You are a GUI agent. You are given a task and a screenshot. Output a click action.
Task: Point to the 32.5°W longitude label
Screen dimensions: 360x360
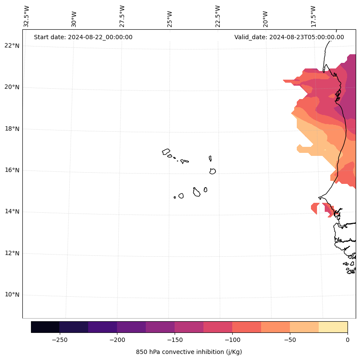point(27,16)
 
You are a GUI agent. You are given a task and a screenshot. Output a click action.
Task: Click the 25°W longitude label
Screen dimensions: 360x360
point(170,19)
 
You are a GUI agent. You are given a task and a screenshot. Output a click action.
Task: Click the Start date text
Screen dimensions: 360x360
point(83,37)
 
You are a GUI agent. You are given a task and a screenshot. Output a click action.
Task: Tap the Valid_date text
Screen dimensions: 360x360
point(289,37)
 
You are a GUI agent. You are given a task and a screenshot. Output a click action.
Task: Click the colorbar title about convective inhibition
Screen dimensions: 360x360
point(189,352)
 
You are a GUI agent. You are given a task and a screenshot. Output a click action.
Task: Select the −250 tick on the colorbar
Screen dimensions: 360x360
point(59,340)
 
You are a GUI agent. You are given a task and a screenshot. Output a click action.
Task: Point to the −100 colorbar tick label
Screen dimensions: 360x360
point(232,340)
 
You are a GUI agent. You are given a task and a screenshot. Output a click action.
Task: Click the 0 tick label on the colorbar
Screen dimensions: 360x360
point(348,340)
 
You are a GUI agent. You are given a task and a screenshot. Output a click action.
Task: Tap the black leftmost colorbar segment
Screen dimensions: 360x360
point(45,327)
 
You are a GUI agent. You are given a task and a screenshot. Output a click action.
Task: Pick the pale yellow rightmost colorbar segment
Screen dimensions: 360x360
point(333,327)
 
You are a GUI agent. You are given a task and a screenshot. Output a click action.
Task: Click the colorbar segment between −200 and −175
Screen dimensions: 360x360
point(131,327)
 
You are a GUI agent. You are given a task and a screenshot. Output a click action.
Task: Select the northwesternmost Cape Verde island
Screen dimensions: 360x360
point(166,152)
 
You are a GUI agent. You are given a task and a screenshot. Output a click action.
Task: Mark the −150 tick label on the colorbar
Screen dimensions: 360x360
point(175,340)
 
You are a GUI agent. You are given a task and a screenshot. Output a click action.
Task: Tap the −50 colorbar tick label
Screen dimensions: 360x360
point(290,340)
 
